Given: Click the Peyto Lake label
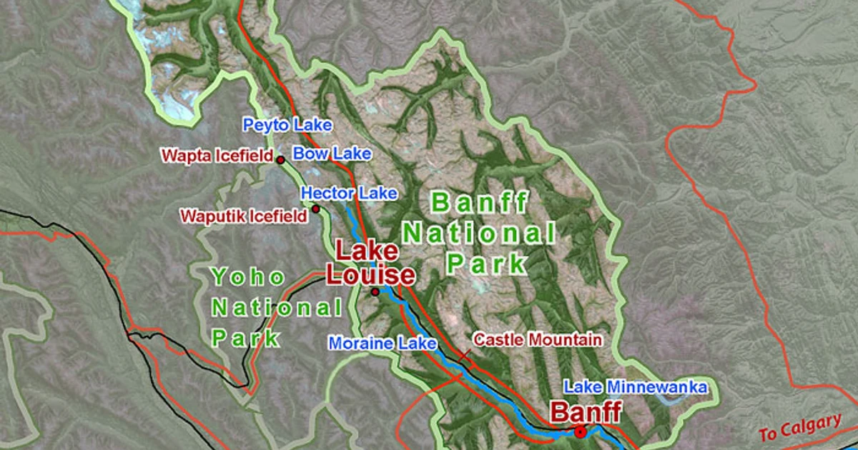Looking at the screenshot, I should click(x=287, y=126).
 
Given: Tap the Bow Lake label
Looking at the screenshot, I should click(x=332, y=154).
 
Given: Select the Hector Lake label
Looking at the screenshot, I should click(x=349, y=193).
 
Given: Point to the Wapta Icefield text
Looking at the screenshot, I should click(x=217, y=155).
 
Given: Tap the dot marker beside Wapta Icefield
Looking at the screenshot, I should click(x=281, y=160).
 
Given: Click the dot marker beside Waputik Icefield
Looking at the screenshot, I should click(x=315, y=209).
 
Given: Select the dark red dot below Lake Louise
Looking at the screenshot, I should click(x=375, y=292).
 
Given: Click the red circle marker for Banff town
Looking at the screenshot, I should click(x=580, y=432).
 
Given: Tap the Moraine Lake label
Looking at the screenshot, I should click(x=383, y=344).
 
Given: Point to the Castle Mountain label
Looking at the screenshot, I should click(x=538, y=340).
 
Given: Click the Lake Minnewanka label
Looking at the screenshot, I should click(x=636, y=388).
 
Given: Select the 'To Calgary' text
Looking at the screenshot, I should click(x=799, y=428).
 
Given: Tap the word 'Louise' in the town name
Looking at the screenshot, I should click(x=370, y=275).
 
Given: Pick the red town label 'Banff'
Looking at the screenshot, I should click(x=585, y=412).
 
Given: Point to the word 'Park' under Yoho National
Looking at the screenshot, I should click(x=245, y=338).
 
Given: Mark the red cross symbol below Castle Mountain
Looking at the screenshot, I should click(x=465, y=355).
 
